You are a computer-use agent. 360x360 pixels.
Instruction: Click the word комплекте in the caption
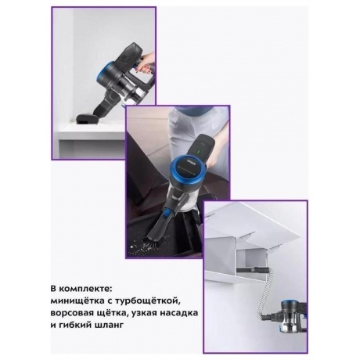(85, 290)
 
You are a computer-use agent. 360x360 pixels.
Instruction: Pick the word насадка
(180, 313)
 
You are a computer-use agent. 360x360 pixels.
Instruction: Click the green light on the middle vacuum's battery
(198, 151)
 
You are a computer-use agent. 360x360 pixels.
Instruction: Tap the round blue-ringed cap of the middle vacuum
(185, 169)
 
